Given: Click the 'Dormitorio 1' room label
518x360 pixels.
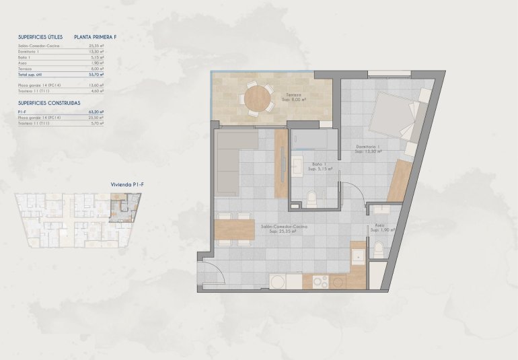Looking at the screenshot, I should coord(369,149).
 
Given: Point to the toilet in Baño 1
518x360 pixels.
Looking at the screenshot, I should coord(311,199).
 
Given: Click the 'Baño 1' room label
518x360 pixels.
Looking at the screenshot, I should coord(318,166).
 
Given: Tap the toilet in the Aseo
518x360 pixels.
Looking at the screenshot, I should coord(378,250).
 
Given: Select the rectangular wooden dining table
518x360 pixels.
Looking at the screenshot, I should coord(233,231).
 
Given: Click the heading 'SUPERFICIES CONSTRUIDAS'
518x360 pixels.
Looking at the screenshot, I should coord(49,103).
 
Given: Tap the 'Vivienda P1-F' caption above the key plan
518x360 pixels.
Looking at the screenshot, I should coord(124,183).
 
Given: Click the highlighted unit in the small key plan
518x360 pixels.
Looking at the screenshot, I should coord(124,207).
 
